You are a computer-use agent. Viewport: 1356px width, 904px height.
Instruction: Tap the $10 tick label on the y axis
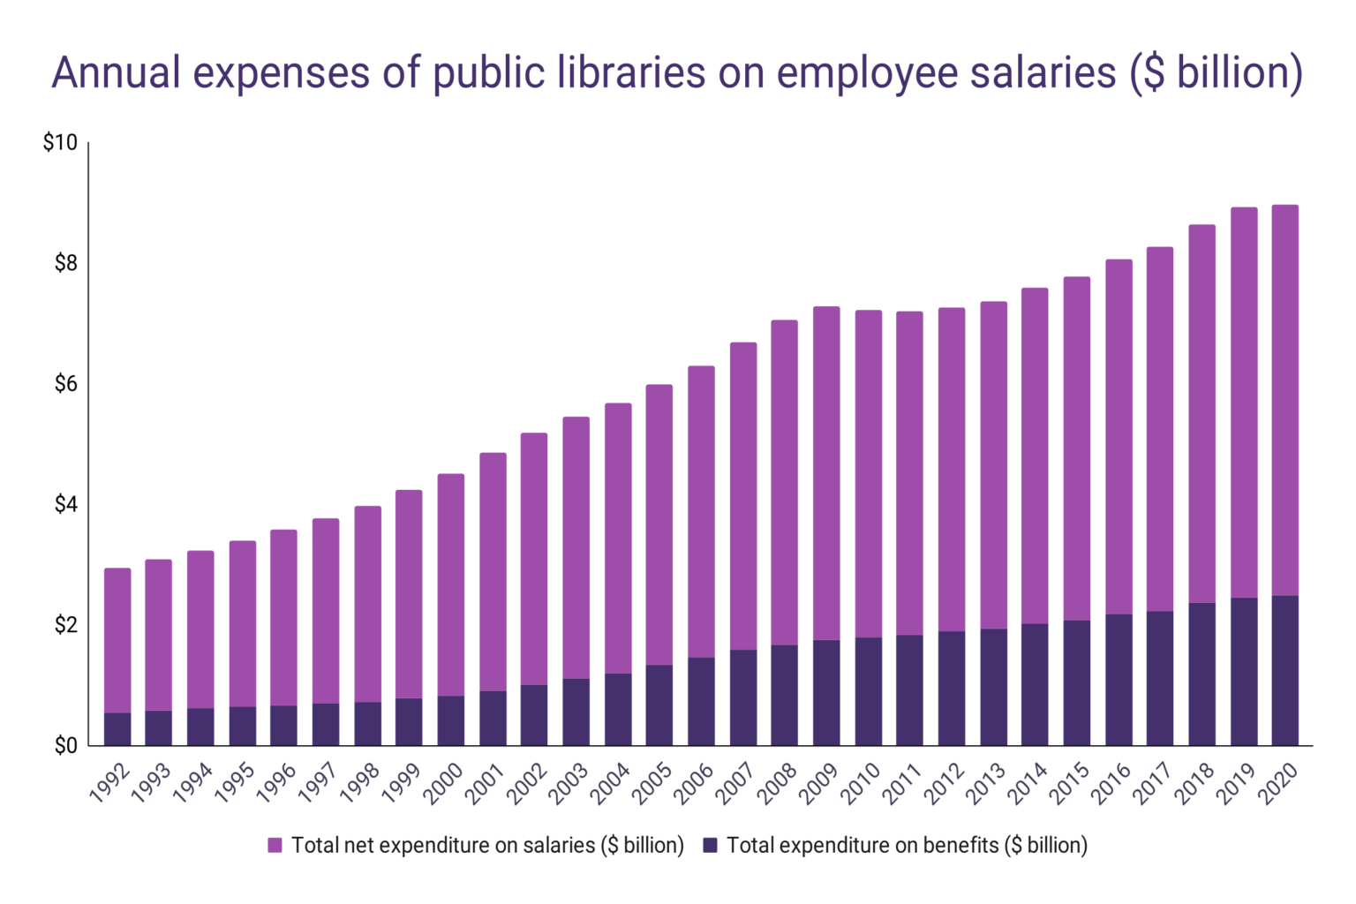[60, 143]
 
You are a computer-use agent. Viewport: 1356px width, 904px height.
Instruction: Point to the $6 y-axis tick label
[65, 384]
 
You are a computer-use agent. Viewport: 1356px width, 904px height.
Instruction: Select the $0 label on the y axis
[65, 746]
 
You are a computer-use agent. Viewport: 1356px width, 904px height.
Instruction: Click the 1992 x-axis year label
[110, 783]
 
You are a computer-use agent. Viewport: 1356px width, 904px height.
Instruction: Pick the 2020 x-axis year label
[1277, 783]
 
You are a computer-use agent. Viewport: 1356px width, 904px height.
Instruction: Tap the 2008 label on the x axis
[777, 783]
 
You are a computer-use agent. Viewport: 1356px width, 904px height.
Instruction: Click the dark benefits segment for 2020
[1284, 671]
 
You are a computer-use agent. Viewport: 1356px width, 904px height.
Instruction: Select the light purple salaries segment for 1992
[117, 640]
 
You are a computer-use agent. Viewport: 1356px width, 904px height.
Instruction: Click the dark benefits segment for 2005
[659, 705]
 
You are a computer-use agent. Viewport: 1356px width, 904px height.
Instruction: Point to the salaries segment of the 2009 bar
[826, 472]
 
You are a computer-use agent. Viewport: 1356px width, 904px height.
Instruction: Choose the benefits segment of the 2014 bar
[1035, 684]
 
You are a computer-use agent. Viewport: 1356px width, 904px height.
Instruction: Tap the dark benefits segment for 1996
[283, 726]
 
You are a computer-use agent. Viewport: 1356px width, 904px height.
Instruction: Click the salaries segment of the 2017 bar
[1160, 429]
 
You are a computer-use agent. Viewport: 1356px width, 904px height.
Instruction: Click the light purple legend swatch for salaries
[275, 846]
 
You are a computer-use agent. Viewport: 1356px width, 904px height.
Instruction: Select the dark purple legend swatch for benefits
[710, 846]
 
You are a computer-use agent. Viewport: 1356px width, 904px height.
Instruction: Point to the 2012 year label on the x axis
[944, 783]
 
